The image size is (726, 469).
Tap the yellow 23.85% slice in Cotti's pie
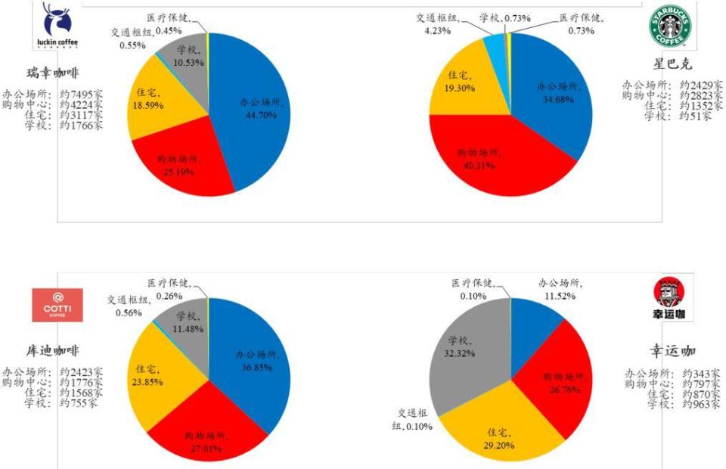point(155,374)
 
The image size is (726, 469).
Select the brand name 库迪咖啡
point(52,351)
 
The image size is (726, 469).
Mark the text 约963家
point(700,405)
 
